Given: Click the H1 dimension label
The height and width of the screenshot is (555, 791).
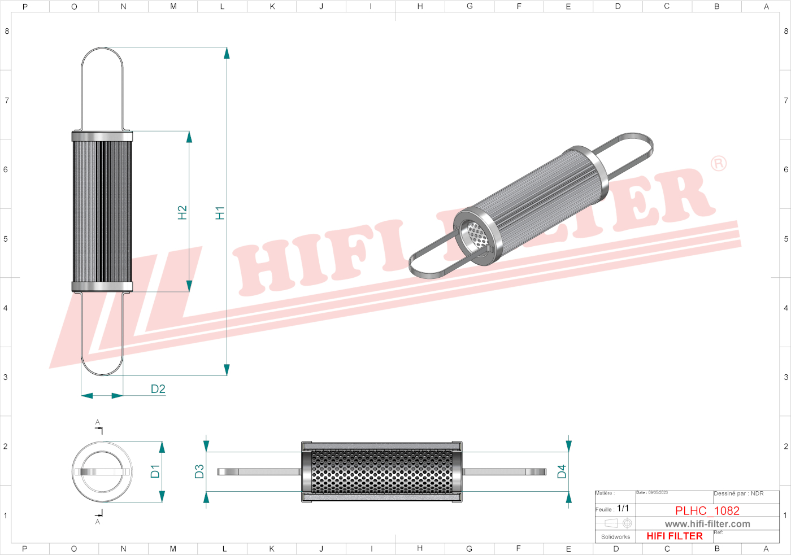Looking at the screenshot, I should pyautogui.click(x=220, y=213).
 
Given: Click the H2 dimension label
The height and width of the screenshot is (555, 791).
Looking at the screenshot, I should pyautogui.click(x=182, y=212).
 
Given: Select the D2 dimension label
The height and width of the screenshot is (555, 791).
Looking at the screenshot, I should pyautogui.click(x=158, y=389).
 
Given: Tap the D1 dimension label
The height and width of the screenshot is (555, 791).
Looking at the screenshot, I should pyautogui.click(x=155, y=471).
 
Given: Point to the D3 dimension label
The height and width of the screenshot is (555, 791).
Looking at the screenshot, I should pyautogui.click(x=199, y=471).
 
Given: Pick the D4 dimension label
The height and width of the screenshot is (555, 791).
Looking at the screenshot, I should pyautogui.click(x=562, y=471).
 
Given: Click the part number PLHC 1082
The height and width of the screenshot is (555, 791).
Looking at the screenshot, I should pyautogui.click(x=707, y=510).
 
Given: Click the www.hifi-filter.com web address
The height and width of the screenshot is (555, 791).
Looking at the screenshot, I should pyautogui.click(x=707, y=524).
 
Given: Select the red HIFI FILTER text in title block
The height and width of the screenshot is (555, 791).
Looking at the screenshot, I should pyautogui.click(x=675, y=536).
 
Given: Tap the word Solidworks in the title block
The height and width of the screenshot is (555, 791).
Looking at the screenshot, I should pyautogui.click(x=615, y=537).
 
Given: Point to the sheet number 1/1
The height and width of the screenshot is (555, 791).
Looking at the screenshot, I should pyautogui.click(x=623, y=508).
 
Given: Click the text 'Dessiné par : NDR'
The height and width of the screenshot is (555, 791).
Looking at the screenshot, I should pyautogui.click(x=738, y=493).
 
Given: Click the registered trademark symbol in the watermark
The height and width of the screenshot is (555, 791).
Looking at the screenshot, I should pyautogui.click(x=718, y=164).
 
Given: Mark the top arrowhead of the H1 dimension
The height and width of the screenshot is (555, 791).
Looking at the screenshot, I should pyautogui.click(x=227, y=53).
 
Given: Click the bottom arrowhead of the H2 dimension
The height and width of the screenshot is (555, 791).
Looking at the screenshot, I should pyautogui.click(x=189, y=286).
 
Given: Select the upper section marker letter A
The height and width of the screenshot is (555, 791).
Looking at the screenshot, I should pyautogui.click(x=98, y=422).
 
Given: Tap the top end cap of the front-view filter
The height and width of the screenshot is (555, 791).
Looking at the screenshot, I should pyautogui.click(x=102, y=136).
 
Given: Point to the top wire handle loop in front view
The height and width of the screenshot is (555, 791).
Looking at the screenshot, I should pyautogui.click(x=102, y=85).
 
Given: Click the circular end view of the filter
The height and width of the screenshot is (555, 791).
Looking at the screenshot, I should pyautogui.click(x=102, y=471).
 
